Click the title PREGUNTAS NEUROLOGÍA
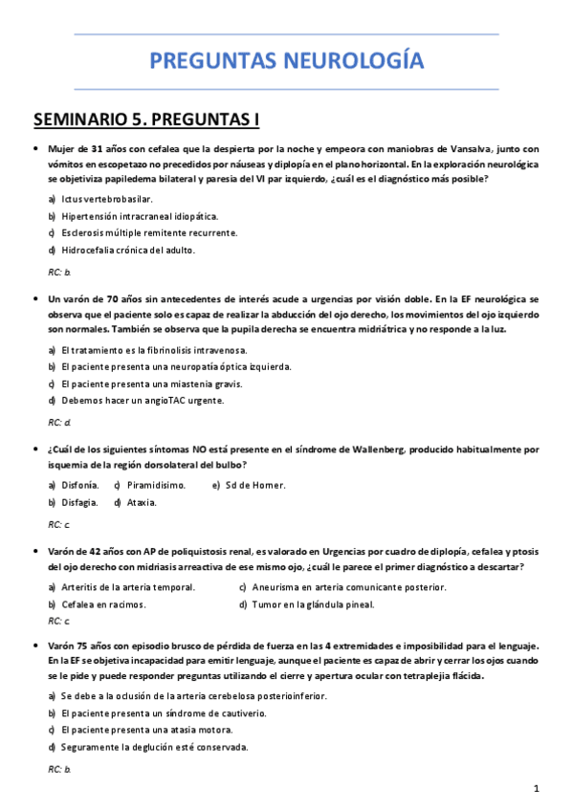(286, 62)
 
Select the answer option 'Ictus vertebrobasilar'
(106, 199)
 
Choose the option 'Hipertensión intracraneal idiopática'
(140, 216)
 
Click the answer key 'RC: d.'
(59, 422)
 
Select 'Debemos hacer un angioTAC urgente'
(143, 401)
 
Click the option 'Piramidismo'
(156, 485)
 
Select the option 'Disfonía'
(79, 485)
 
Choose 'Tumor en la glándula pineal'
(314, 604)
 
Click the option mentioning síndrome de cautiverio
(163, 713)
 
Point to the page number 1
(538, 788)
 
